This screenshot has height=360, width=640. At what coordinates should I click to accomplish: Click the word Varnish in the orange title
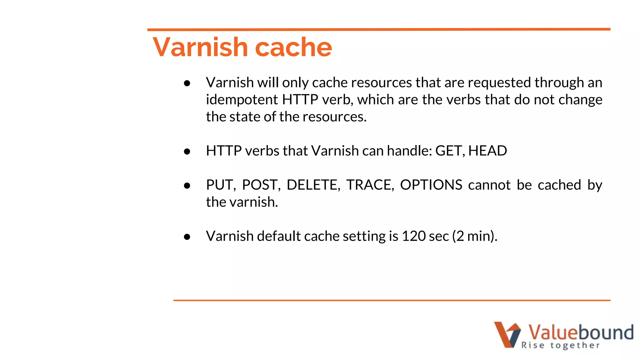coord(200,47)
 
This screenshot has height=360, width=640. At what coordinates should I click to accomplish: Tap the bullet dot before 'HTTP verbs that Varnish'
coord(187,152)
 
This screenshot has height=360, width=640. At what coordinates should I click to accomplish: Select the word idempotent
coord(242,100)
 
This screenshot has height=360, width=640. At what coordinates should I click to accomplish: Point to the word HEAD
coord(487,151)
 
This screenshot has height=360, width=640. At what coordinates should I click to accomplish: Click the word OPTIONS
coord(431,185)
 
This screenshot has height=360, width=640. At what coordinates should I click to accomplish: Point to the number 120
coord(413,236)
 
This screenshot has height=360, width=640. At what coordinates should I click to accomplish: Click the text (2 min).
coord(475,236)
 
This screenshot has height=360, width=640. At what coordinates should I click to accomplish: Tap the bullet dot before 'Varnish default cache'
coord(187,237)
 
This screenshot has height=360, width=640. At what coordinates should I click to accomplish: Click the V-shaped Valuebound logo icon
coord(507,334)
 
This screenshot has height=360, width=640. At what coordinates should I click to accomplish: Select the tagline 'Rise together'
coord(561,345)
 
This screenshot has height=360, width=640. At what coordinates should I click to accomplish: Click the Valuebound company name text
coord(581,332)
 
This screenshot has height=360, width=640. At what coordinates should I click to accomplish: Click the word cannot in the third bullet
coord(489,185)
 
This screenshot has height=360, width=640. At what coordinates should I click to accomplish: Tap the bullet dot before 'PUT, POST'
coord(187,186)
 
